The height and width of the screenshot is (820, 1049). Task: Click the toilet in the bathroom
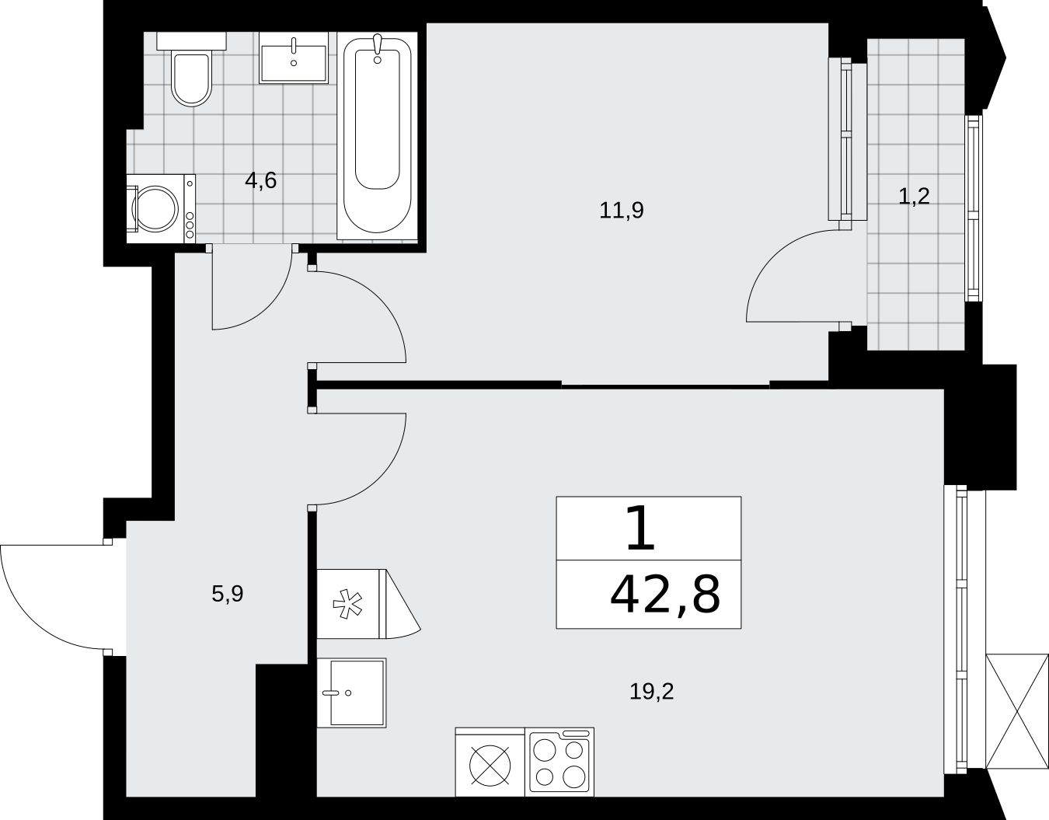pyautogui.click(x=192, y=69)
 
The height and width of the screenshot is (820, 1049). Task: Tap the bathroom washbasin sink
pyautogui.click(x=294, y=58)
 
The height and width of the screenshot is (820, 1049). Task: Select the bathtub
pyautogui.click(x=377, y=136)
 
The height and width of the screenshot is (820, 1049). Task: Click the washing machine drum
pyautogui.click(x=155, y=209)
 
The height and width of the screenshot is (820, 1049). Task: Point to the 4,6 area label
pyautogui.click(x=260, y=181)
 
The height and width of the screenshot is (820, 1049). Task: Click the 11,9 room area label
pyautogui.click(x=622, y=211)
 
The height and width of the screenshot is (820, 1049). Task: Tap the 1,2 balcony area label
pyautogui.click(x=914, y=197)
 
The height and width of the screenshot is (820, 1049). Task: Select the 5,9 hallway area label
pyautogui.click(x=228, y=594)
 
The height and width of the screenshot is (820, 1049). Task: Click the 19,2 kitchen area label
pyautogui.click(x=651, y=692)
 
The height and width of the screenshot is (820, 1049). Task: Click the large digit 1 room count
pyautogui.click(x=640, y=527)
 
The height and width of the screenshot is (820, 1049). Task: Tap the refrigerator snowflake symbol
pyautogui.click(x=347, y=603)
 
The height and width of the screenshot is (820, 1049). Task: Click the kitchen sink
pyautogui.click(x=352, y=693)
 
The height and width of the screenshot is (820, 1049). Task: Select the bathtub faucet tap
pyautogui.click(x=378, y=48)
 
